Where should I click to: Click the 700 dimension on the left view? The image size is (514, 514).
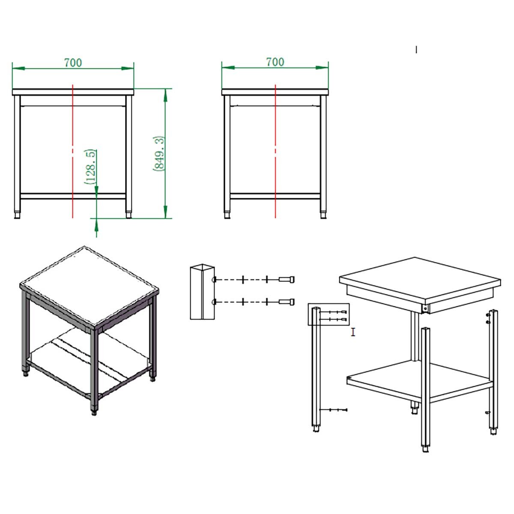[73, 63]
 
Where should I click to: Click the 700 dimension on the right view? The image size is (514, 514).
[275, 62]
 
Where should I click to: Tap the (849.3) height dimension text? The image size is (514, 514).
[159, 153]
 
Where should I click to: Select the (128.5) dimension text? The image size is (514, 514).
[90, 167]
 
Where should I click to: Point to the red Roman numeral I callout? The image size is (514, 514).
[353, 332]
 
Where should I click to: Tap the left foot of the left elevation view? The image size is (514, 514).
[17, 215]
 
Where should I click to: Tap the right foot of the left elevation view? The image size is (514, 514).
[128, 215]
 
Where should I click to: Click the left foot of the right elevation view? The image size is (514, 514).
[227, 215]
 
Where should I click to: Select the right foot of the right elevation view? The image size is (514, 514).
[323, 215]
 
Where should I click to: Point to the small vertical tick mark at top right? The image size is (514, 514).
[416, 50]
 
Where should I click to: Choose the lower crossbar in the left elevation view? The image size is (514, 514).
[73, 196]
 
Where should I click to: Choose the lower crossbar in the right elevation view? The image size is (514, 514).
[275, 196]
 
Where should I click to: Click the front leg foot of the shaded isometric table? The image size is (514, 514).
[94, 411]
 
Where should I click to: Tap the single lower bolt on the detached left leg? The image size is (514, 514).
[333, 410]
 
